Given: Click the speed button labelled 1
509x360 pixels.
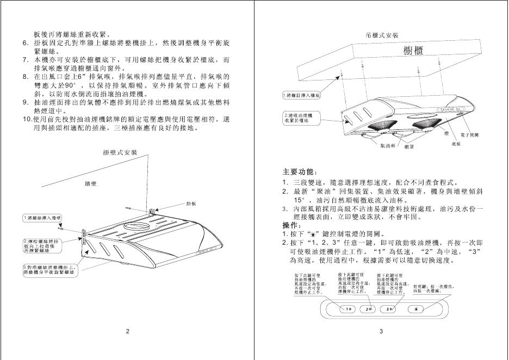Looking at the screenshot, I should (x=349, y=309).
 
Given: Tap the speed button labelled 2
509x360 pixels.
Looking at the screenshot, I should (x=369, y=309).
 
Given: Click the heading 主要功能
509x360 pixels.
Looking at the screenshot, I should (x=297, y=172).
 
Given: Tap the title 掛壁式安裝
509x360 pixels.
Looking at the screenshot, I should (x=120, y=152).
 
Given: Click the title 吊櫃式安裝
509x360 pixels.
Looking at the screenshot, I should (x=383, y=35).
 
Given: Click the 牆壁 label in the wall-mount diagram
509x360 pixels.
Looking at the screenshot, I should (x=90, y=184).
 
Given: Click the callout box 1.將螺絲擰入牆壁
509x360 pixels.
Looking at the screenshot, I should (x=40, y=218).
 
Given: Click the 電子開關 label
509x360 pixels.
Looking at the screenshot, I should (x=469, y=134).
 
